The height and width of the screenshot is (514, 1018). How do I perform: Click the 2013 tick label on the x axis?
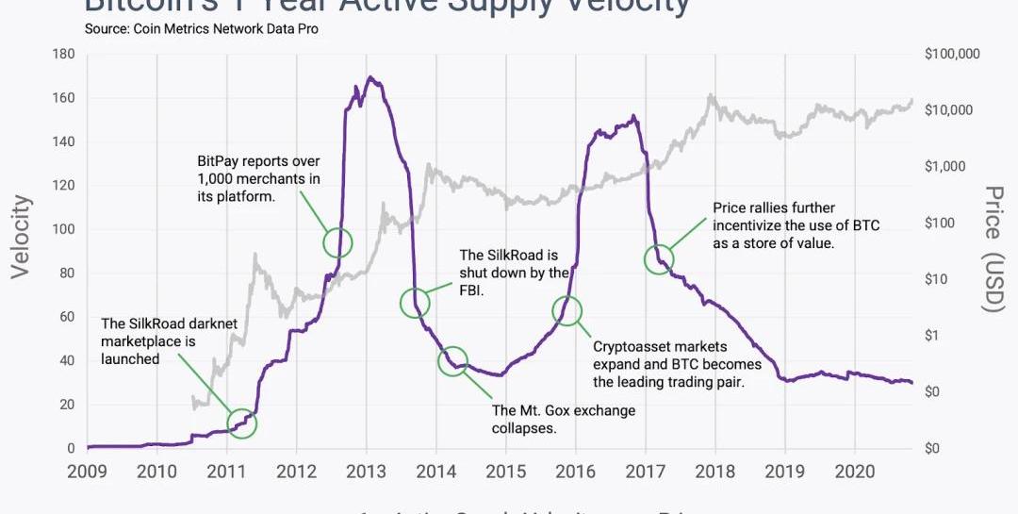click(366, 472)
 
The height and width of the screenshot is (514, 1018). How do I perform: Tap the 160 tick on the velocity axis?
click(63, 98)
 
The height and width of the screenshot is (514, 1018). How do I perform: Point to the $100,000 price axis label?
click(953, 54)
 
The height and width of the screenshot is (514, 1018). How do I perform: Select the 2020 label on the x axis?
click(855, 472)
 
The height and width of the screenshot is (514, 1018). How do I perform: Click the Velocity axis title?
click(21, 237)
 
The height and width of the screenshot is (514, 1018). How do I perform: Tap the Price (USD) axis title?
click(993, 249)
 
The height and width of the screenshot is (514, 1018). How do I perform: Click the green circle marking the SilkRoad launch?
click(242, 423)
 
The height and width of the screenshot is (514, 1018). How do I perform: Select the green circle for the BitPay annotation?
click(337, 242)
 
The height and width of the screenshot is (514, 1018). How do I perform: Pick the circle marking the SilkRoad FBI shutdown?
click(415, 303)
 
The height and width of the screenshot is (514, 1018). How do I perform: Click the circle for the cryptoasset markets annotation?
click(567, 309)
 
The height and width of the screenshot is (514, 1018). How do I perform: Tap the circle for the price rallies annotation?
click(659, 258)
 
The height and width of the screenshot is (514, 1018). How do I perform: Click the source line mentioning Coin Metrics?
click(201, 29)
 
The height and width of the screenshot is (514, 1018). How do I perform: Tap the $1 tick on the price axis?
click(933, 336)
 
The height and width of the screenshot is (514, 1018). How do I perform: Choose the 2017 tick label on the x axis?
click(646, 472)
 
